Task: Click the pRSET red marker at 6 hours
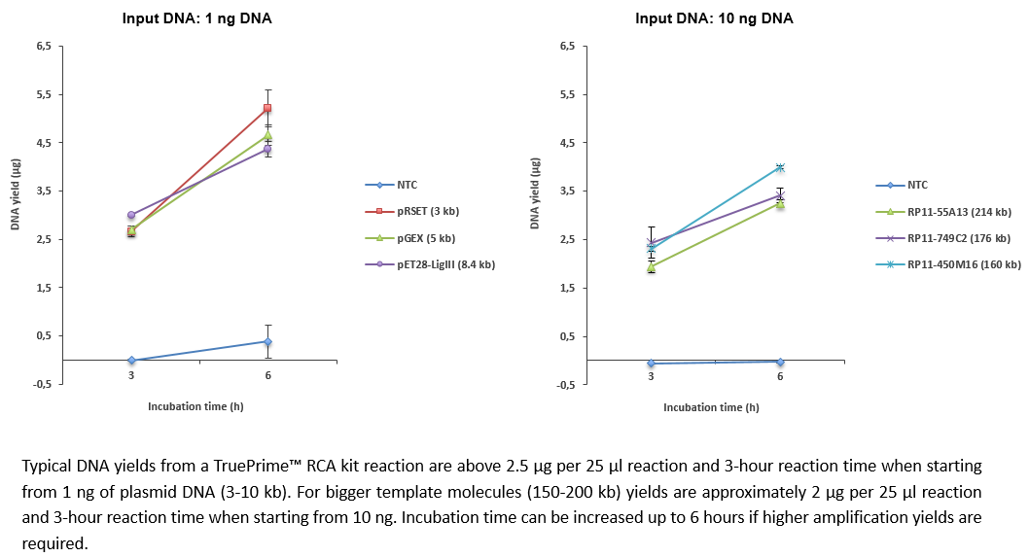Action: (x=267, y=108)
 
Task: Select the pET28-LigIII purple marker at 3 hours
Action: (x=131, y=215)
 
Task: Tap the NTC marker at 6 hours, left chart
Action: (x=267, y=341)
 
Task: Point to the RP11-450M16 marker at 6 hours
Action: (x=780, y=168)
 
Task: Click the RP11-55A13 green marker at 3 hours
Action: (x=651, y=267)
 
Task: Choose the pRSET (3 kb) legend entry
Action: (x=429, y=212)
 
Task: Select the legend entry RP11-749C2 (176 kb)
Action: (x=958, y=238)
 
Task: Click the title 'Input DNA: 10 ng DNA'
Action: (x=714, y=18)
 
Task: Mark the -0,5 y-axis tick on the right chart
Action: (x=566, y=385)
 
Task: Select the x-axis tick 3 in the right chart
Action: (x=651, y=376)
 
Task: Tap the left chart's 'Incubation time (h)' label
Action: (x=195, y=406)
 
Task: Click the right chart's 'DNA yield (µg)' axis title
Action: (x=535, y=204)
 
